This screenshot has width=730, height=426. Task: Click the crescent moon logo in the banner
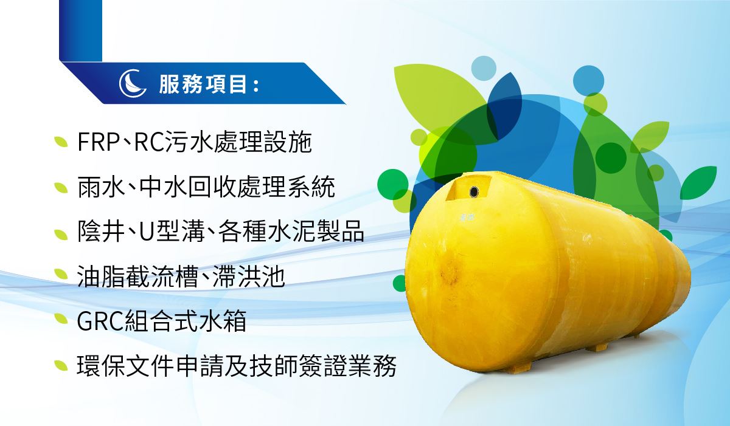pyautogui.click(x=133, y=83)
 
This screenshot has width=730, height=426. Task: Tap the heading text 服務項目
pyautogui.click(x=203, y=84)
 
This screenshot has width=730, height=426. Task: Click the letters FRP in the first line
pyautogui.click(x=99, y=142)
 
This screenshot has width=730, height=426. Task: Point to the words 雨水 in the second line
pyautogui.click(x=102, y=187)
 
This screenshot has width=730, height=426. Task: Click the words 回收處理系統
pyautogui.click(x=262, y=187)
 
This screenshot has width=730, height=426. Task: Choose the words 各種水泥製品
pyautogui.click(x=291, y=232)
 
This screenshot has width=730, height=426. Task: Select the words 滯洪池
pyautogui.click(x=249, y=277)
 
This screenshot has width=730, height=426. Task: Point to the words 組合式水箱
pyautogui.click(x=186, y=321)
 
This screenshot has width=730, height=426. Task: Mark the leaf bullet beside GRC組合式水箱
pyautogui.click(x=61, y=319)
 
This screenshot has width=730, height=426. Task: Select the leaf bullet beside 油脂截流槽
pyautogui.click(x=61, y=274)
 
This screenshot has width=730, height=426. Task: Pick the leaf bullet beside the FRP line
pyautogui.click(x=61, y=142)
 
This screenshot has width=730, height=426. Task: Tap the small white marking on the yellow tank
pyautogui.click(x=467, y=217)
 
